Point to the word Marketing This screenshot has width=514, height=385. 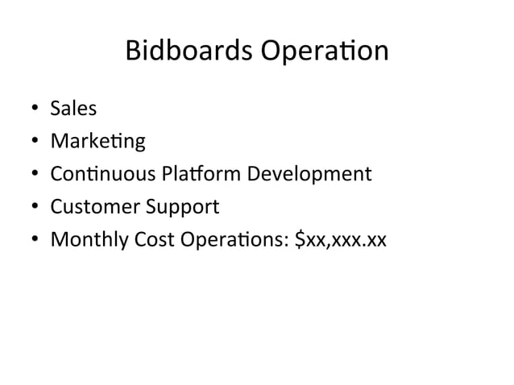tap(97, 142)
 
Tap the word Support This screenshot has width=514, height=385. tap(182, 207)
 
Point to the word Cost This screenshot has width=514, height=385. tap(152, 239)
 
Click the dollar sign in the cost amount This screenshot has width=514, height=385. tap(301, 239)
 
